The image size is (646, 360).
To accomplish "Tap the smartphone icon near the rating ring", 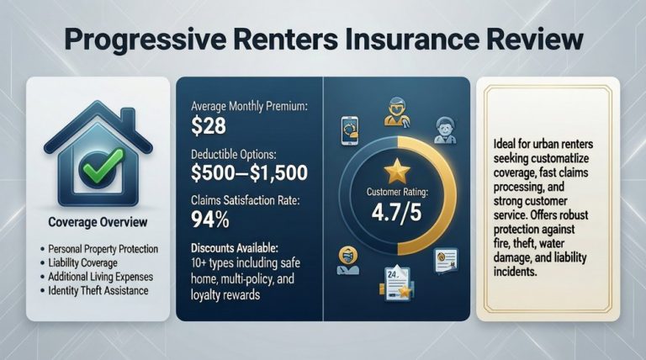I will (x=347, y=131).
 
